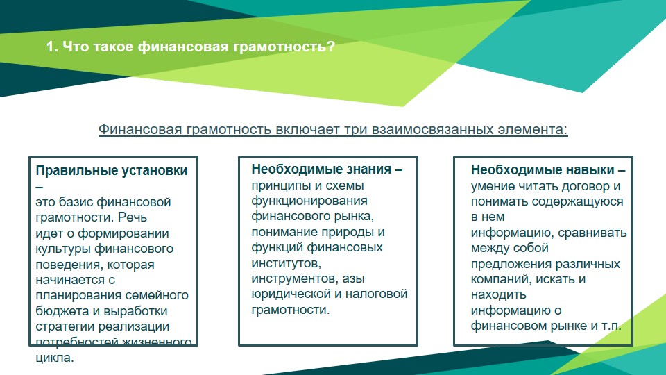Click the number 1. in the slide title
pyautogui.click(x=52, y=47)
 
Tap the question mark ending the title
pyautogui.click(x=331, y=47)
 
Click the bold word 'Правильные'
pyautogui.click(x=77, y=171)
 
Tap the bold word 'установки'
pyautogui.click(x=155, y=171)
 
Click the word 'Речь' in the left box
pyautogui.click(x=133, y=217)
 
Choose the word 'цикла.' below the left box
pyautogui.click(x=55, y=358)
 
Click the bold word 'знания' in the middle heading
pyautogui.click(x=368, y=169)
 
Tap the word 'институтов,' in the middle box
pyautogui.click(x=287, y=263)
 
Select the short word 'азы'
pyautogui.click(x=353, y=278)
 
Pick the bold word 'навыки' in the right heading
pyautogui.click(x=592, y=170)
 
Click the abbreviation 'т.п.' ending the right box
pyautogui.click(x=612, y=326)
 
